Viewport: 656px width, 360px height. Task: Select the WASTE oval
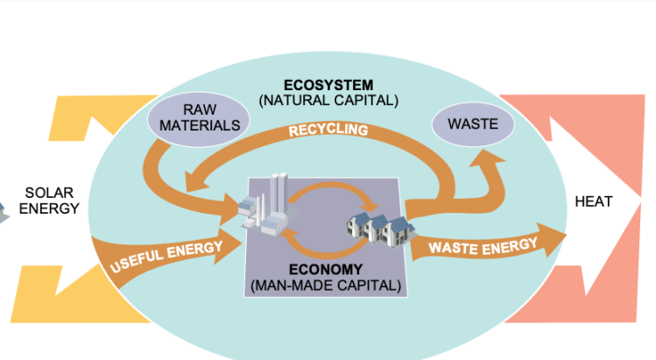473,124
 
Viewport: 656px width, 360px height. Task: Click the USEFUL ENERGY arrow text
166,254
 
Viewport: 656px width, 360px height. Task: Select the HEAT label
594,201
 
